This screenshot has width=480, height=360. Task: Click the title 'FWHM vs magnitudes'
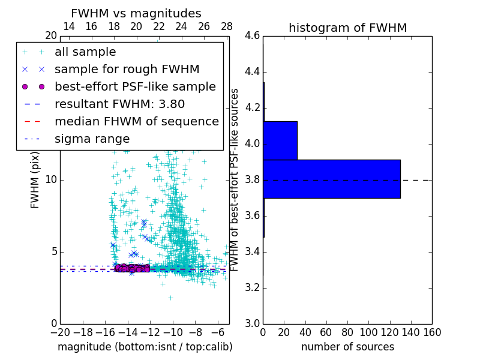click(x=136, y=13)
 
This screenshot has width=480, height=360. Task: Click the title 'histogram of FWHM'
click(x=347, y=28)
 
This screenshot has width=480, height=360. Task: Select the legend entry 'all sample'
click(x=85, y=52)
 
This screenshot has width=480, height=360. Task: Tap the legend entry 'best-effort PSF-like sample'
click(x=135, y=86)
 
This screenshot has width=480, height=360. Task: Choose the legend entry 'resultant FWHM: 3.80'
click(x=119, y=104)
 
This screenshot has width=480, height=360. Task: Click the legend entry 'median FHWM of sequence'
click(x=136, y=121)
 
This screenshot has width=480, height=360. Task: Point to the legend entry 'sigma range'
click(x=92, y=139)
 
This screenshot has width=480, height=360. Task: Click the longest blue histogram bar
click(x=331, y=179)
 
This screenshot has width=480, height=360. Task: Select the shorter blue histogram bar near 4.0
click(x=280, y=140)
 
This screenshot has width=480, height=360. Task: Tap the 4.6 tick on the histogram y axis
click(x=253, y=36)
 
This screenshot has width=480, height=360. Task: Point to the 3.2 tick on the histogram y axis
click(x=253, y=287)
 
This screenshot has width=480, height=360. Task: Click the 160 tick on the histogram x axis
click(x=431, y=332)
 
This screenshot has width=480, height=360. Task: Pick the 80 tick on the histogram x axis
click(x=347, y=332)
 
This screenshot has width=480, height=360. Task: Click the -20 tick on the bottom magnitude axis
click(x=60, y=332)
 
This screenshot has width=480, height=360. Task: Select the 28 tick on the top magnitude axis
click(x=227, y=26)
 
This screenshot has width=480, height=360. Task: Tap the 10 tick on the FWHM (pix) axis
click(x=51, y=180)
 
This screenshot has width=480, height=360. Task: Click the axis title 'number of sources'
click(x=347, y=347)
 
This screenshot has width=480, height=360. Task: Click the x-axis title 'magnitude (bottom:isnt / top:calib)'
click(x=145, y=347)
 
